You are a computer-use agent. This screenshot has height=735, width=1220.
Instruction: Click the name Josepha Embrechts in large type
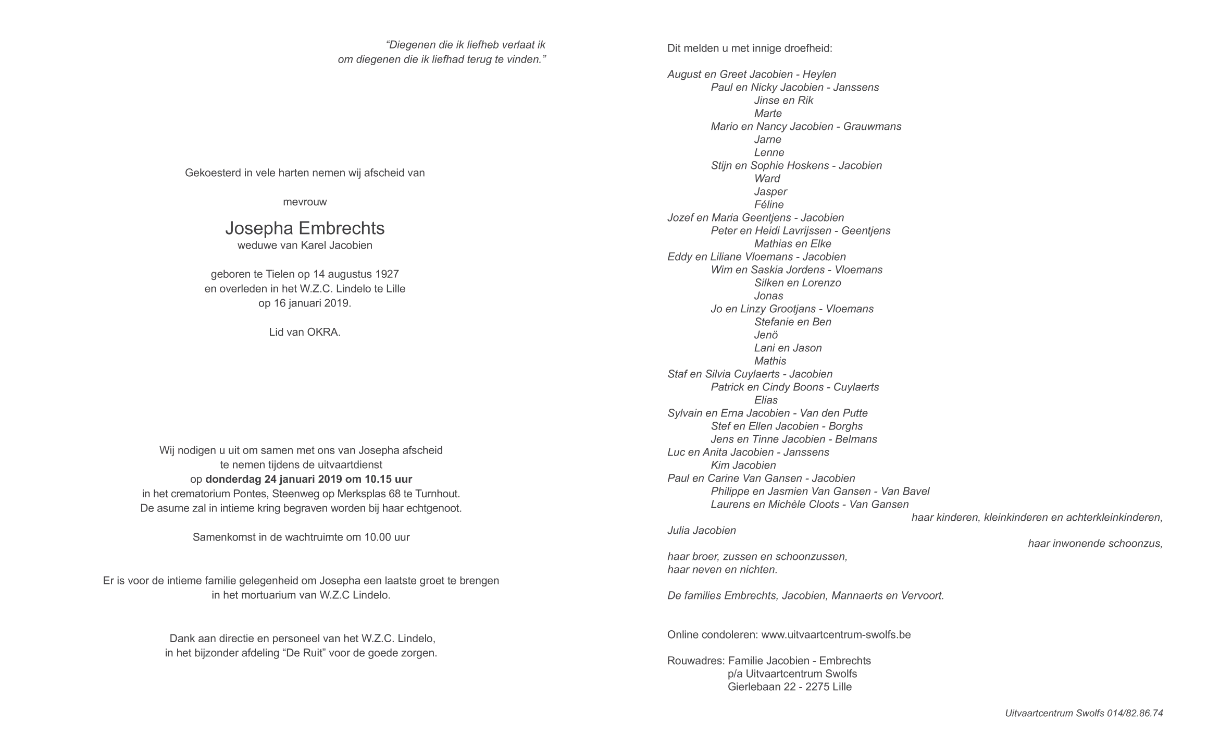[305, 228]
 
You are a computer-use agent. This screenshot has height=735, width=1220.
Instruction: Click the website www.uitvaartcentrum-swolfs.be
[836, 635]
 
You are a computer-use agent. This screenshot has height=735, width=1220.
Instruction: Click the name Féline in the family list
[769, 205]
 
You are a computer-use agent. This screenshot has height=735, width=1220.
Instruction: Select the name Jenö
[766, 335]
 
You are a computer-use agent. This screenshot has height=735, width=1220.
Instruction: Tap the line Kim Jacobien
[743, 465]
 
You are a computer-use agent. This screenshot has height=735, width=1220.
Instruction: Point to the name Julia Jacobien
[702, 531]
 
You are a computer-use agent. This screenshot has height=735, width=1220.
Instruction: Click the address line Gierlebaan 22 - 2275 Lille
[790, 687]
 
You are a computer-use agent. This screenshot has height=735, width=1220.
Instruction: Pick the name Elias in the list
[766, 400]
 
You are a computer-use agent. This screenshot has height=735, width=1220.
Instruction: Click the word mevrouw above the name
[305, 202]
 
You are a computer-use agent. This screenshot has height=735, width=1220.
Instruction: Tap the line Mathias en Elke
[792, 244]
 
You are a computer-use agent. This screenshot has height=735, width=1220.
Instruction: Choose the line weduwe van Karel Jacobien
[305, 246]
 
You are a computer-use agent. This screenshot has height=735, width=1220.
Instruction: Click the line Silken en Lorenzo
[798, 283]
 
